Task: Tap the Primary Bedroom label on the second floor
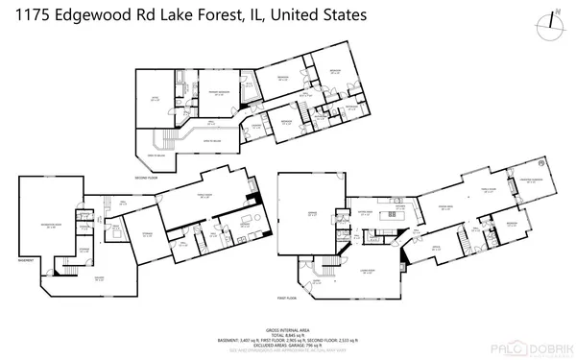click(219, 93)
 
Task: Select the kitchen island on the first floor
click(391, 216)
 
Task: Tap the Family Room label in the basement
click(205, 196)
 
